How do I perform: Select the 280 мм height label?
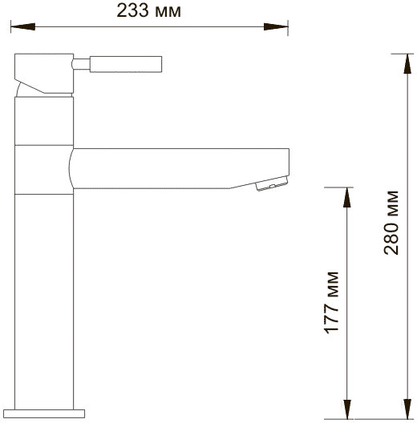(x=391, y=222)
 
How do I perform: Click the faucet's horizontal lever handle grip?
(x=126, y=62)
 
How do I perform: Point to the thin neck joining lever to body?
(x=80, y=62)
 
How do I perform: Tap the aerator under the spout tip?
(x=269, y=187)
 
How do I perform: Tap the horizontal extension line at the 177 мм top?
(x=337, y=187)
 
